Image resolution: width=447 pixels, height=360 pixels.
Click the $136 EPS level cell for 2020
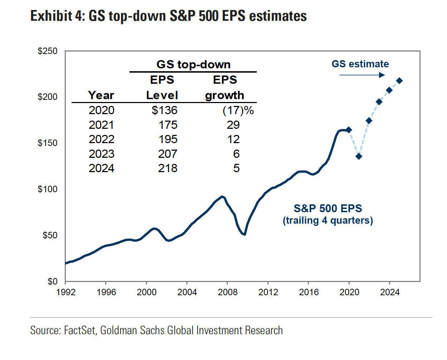[x=164, y=110]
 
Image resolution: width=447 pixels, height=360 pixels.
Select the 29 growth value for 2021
[x=233, y=125]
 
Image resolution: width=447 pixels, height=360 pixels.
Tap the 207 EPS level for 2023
[x=168, y=154]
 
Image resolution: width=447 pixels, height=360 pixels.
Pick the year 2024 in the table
[x=102, y=168]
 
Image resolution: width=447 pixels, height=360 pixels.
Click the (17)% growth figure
[x=238, y=110]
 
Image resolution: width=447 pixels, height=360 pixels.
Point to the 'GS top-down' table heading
[x=193, y=64]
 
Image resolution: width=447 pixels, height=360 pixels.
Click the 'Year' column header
[x=101, y=95]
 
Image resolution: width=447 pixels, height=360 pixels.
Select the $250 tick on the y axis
[x=48, y=51]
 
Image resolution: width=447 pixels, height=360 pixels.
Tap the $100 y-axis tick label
[x=48, y=189]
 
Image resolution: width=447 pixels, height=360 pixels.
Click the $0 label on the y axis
[x=52, y=282]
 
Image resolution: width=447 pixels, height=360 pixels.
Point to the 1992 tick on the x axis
[x=66, y=292]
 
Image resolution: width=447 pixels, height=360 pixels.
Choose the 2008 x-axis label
[x=228, y=292]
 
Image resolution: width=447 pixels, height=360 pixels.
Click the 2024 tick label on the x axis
[x=390, y=292]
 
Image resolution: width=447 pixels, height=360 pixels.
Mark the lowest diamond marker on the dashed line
[x=359, y=156]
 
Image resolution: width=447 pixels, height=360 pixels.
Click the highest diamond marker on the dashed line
[x=399, y=81]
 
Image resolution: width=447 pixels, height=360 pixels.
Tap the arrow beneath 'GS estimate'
[x=362, y=75]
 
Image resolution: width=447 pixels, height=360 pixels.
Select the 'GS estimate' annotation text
[x=360, y=64]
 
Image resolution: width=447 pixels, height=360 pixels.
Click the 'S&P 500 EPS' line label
[x=328, y=208]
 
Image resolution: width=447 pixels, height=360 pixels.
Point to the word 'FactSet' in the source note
[x=80, y=330]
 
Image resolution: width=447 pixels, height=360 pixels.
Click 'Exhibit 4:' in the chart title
[x=58, y=16]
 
